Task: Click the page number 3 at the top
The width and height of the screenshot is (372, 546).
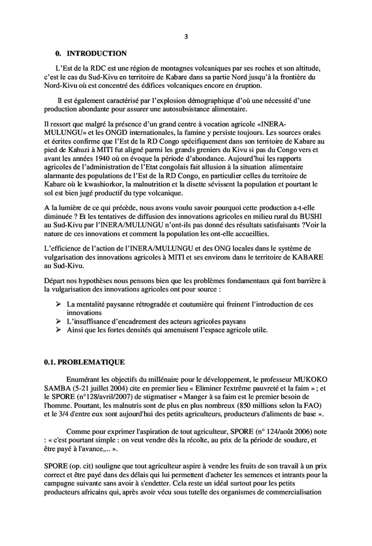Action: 186,36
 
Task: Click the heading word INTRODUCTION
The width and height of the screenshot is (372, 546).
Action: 97,54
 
